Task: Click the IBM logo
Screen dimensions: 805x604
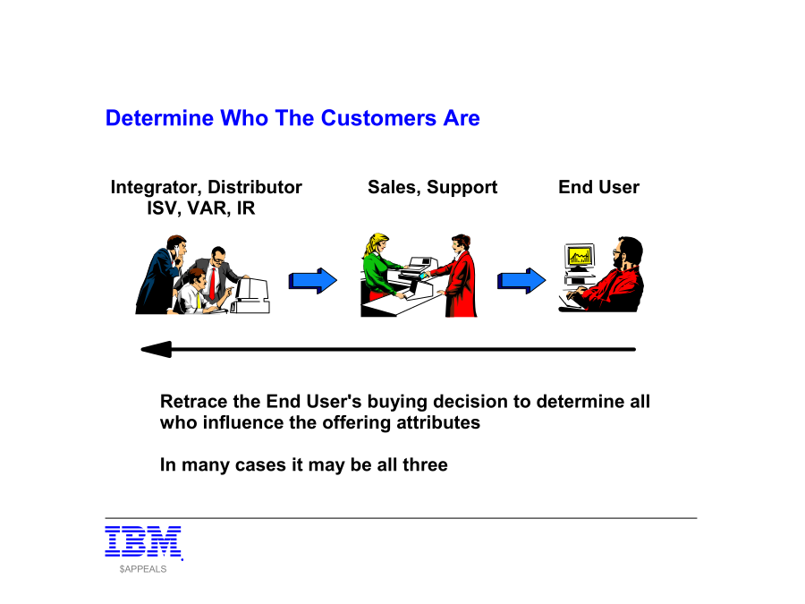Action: coord(144,542)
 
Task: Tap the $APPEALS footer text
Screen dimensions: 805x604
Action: coord(143,569)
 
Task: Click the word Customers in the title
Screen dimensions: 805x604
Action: coord(379,118)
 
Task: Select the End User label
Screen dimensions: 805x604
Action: coord(598,188)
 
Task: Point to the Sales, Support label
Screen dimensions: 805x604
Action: coord(432,188)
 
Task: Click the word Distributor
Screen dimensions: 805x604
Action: coord(255,188)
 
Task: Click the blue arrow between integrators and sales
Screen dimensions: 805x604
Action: coord(313,280)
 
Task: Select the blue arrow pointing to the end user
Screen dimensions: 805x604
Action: coord(521,280)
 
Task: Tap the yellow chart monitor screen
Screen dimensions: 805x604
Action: coord(580,255)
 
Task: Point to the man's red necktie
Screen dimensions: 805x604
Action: coord(212,284)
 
